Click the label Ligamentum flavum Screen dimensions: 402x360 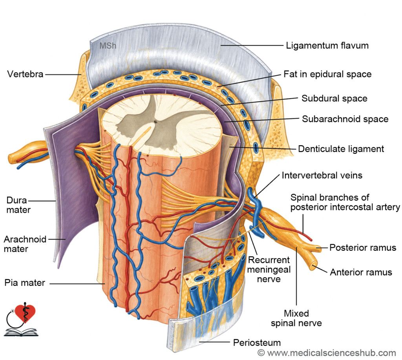[x=327, y=46]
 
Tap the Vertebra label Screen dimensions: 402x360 [x=25, y=74]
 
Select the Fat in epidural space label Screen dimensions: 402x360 [x=327, y=74]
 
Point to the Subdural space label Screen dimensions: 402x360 [x=334, y=99]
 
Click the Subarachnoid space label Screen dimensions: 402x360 [x=345, y=119]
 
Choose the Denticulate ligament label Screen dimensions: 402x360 [x=341, y=149]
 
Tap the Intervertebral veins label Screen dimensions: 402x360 [x=322, y=175]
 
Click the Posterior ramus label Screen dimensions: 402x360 [x=363, y=248]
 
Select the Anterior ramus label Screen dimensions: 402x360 [x=361, y=272]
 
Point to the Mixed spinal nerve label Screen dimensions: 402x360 [x=296, y=318]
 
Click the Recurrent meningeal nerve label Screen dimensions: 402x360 [x=269, y=269]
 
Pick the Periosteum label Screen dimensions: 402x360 [x=257, y=343]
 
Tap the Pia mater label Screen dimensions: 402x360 [x=25, y=283]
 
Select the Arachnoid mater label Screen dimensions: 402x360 [x=25, y=244]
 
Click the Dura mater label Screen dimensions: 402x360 [x=18, y=205]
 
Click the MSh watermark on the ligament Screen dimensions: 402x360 [x=108, y=46]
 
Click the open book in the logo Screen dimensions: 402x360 [x=21, y=332]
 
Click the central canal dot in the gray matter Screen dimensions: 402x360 [x=155, y=122]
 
